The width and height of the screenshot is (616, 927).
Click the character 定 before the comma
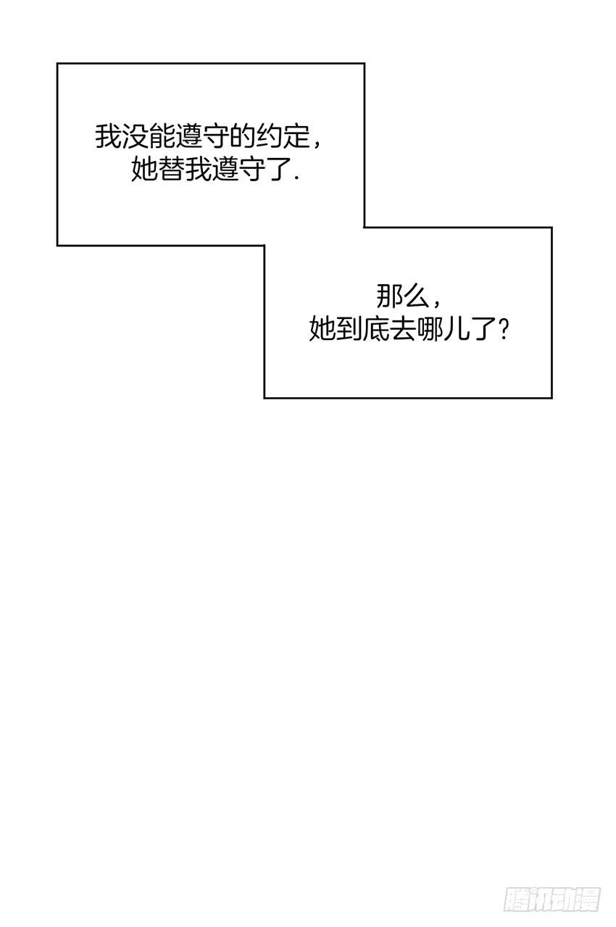[296, 136]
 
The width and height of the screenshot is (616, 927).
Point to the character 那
[389, 296]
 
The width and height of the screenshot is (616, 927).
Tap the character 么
[416, 296]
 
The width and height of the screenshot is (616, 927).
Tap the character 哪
[430, 330]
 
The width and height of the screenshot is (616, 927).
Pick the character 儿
[457, 330]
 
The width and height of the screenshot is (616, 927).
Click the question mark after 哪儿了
[504, 330]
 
